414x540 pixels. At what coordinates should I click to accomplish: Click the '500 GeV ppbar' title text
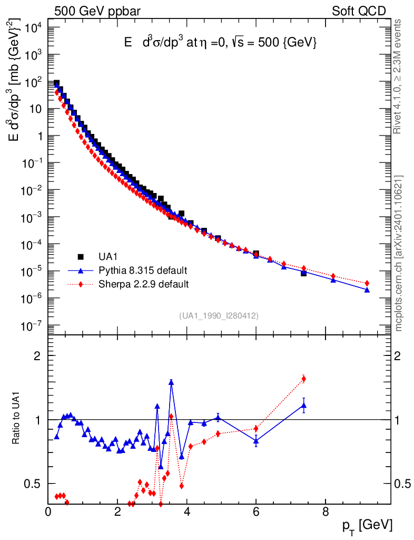coord(97,11)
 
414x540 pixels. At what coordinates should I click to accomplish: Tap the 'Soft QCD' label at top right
coord(359,11)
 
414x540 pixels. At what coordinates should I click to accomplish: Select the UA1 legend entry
coord(109,257)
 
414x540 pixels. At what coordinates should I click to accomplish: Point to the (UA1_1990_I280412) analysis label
coord(219,315)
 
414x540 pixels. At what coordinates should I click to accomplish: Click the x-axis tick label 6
coord(256,511)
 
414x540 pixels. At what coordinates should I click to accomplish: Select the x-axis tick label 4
coord(187,511)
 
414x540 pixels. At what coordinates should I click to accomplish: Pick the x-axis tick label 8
coord(326,511)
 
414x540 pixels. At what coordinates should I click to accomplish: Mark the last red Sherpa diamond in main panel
coord(367,283)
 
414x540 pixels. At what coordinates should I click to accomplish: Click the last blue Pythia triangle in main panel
coord(367,290)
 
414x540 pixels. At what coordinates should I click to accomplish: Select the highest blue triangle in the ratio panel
coord(171,382)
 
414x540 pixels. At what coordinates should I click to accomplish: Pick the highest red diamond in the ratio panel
coord(304,379)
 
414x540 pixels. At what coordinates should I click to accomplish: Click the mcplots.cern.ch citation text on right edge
coord(399,253)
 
